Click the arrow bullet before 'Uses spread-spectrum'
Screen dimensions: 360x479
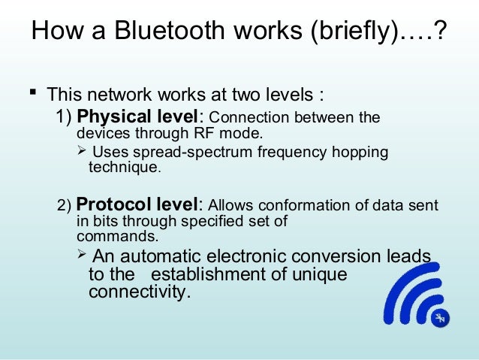83,153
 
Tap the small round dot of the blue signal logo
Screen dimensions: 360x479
440,319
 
